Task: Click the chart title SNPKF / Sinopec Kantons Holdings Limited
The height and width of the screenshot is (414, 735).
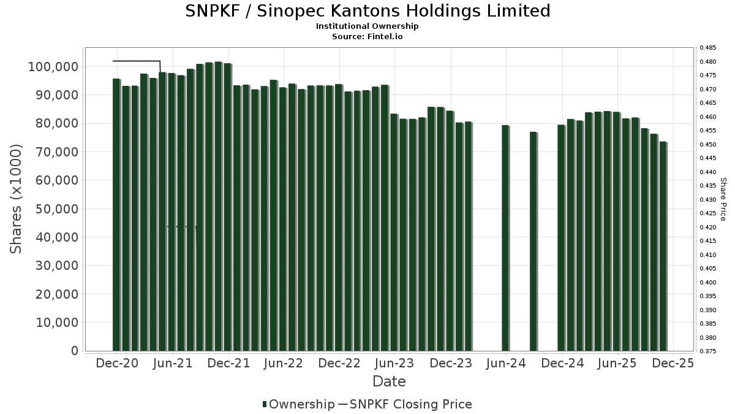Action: [x=367, y=11]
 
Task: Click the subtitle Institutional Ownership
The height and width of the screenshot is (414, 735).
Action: [x=367, y=26]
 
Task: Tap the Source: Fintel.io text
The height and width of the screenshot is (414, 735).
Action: [x=367, y=37]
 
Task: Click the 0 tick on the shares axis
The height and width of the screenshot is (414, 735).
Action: [x=75, y=351]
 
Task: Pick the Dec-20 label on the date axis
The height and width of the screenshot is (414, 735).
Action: [x=117, y=363]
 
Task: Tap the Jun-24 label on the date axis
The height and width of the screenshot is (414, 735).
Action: [x=506, y=363]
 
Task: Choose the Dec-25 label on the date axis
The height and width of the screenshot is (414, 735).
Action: [x=673, y=363]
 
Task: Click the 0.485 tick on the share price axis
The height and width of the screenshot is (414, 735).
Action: [x=707, y=48]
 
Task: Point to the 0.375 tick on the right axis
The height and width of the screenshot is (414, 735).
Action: [x=707, y=351]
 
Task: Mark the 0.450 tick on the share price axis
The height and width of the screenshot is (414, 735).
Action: [x=707, y=145]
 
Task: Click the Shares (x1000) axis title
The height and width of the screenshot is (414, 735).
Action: [x=17, y=199]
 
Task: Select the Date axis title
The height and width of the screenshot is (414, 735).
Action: [x=390, y=381]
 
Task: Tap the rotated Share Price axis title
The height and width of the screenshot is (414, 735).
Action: [x=723, y=199]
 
